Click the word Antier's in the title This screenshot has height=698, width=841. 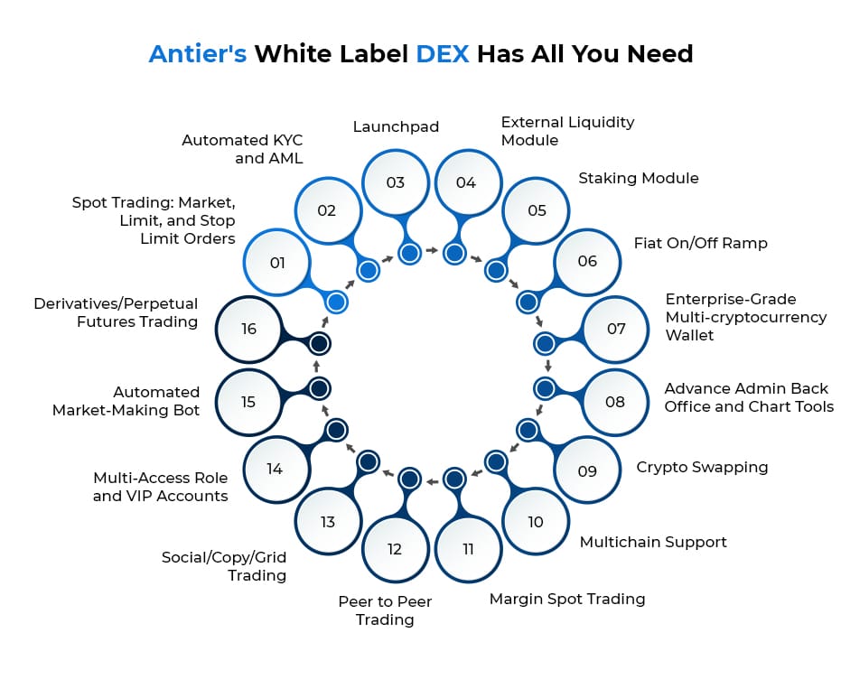(197, 53)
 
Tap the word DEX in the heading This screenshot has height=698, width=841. (443, 53)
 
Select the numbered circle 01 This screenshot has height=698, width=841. (276, 263)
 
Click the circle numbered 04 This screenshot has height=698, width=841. (466, 182)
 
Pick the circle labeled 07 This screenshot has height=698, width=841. (616, 329)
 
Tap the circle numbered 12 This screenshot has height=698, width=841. (396, 549)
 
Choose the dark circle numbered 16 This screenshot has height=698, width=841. (248, 329)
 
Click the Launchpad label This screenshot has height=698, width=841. (396, 126)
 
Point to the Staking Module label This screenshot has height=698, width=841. (639, 178)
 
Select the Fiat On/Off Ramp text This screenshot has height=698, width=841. (700, 244)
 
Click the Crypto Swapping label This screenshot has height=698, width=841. (702, 468)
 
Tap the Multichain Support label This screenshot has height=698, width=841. (653, 542)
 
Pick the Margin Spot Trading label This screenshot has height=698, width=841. (567, 599)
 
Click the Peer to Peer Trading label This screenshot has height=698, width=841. (385, 610)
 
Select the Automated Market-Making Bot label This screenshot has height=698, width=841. (126, 401)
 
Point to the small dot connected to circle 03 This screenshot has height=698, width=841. (410, 253)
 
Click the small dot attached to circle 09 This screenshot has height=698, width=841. (528, 430)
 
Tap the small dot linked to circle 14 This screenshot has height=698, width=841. (336, 430)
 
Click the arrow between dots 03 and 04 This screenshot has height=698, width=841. (432, 250)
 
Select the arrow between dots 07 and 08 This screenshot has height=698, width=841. (547, 366)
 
